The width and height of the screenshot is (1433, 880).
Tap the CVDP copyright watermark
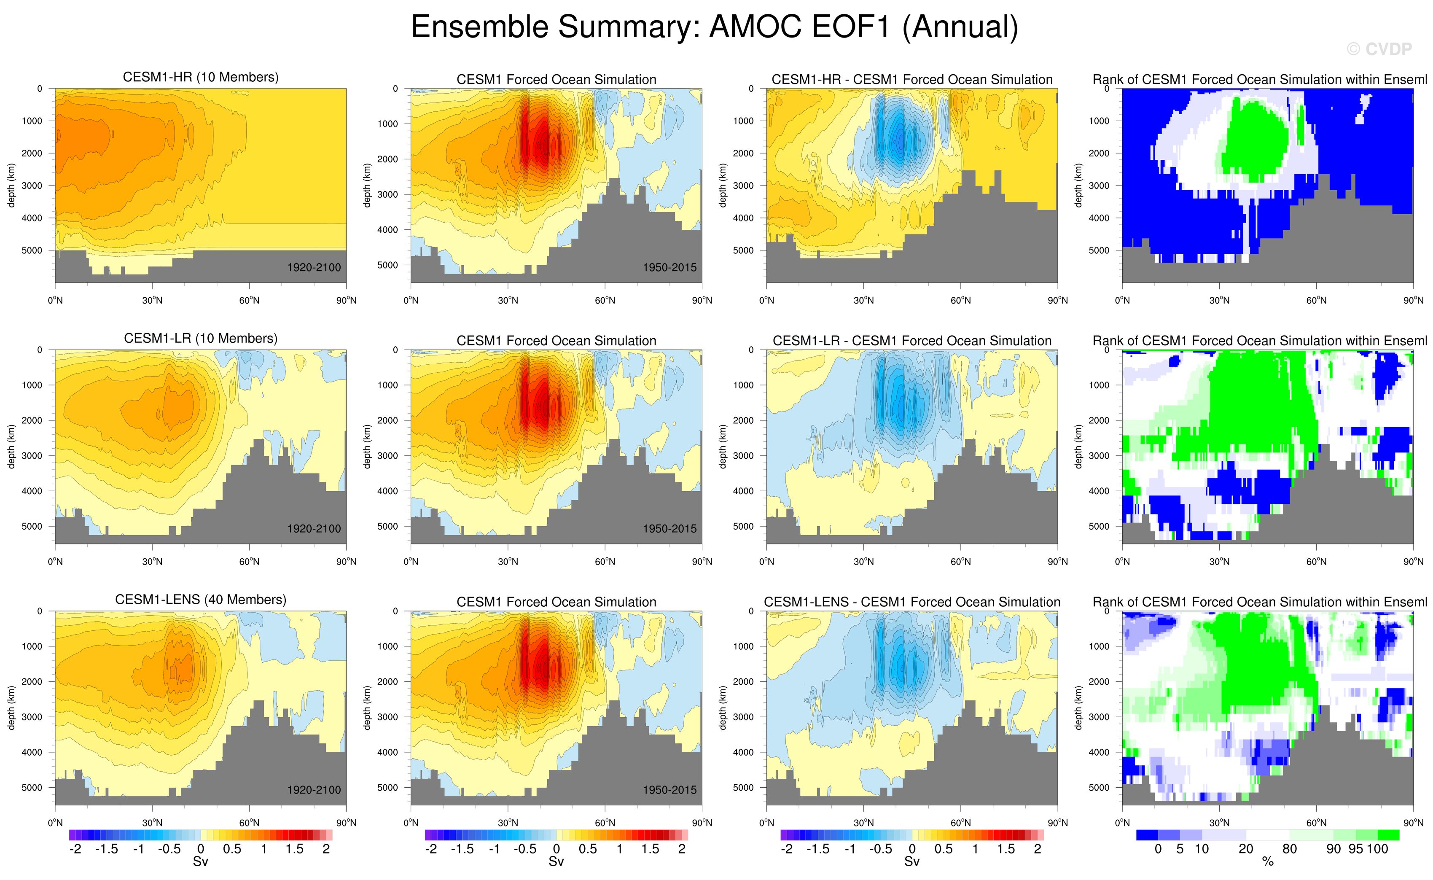click(1379, 49)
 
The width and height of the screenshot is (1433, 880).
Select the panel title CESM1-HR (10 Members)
click(201, 78)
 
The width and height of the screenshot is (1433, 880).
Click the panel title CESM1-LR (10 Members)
click(201, 339)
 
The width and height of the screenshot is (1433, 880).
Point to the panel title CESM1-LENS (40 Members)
click(201, 600)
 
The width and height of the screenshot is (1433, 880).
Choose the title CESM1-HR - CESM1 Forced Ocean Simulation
click(911, 80)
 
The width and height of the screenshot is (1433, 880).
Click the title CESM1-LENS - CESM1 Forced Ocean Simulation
click(911, 603)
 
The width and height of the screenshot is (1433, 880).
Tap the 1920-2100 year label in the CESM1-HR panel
click(314, 268)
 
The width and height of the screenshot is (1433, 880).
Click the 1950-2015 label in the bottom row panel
click(669, 790)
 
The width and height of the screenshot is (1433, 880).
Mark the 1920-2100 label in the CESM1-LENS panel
click(314, 790)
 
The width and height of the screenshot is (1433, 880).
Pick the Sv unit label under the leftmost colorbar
click(200, 862)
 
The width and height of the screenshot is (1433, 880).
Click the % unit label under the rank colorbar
click(1268, 862)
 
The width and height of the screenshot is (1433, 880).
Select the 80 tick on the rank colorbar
click(1290, 849)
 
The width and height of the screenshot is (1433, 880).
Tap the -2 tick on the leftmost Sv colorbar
click(75, 849)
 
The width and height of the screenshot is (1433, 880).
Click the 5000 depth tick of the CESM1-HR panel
click(32, 251)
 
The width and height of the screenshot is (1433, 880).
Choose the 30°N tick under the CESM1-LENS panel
click(153, 823)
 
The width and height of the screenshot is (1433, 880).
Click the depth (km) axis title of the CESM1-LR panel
click(11, 447)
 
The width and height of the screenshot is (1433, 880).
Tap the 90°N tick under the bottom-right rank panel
click(1413, 823)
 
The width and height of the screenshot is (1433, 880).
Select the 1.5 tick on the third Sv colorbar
click(1006, 849)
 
